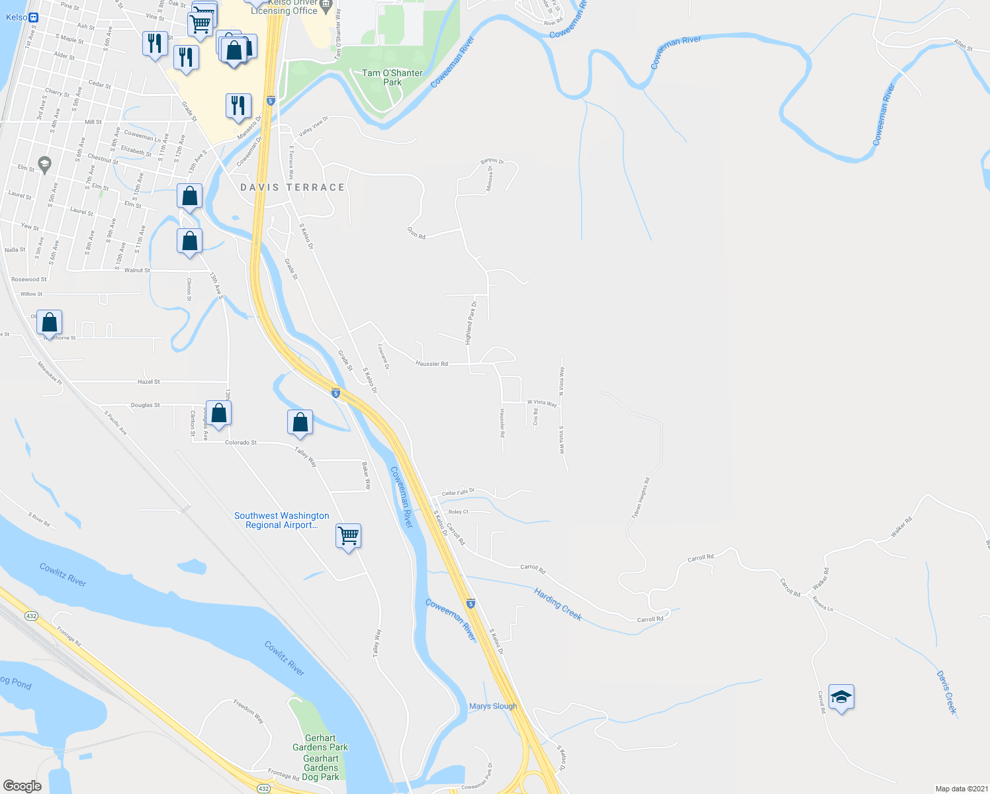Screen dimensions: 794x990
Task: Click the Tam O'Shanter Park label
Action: coord(392,77)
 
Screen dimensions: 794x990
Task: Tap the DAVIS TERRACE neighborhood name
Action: coord(292,188)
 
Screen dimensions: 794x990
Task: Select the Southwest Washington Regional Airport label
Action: coord(281,520)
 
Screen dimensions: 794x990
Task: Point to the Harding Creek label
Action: coord(558,605)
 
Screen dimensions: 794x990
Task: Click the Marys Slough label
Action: coord(493,706)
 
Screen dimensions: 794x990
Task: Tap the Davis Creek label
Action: coord(947,692)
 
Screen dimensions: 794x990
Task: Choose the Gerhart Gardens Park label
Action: coord(320,742)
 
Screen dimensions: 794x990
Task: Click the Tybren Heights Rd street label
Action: coord(641,498)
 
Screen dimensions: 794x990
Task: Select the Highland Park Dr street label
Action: coord(471,323)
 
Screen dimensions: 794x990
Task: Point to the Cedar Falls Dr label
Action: coord(458,492)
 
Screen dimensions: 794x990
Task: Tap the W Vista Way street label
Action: coord(542,402)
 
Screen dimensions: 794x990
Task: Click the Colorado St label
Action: coord(241,442)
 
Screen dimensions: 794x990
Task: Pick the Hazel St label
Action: coord(149,382)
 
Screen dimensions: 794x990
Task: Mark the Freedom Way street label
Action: coord(248,711)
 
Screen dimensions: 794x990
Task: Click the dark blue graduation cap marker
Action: coord(841,697)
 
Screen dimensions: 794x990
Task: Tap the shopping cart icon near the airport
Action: coord(348,535)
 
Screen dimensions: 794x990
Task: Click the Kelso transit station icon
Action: coord(34,17)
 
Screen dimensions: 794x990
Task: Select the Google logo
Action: coord(22,786)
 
